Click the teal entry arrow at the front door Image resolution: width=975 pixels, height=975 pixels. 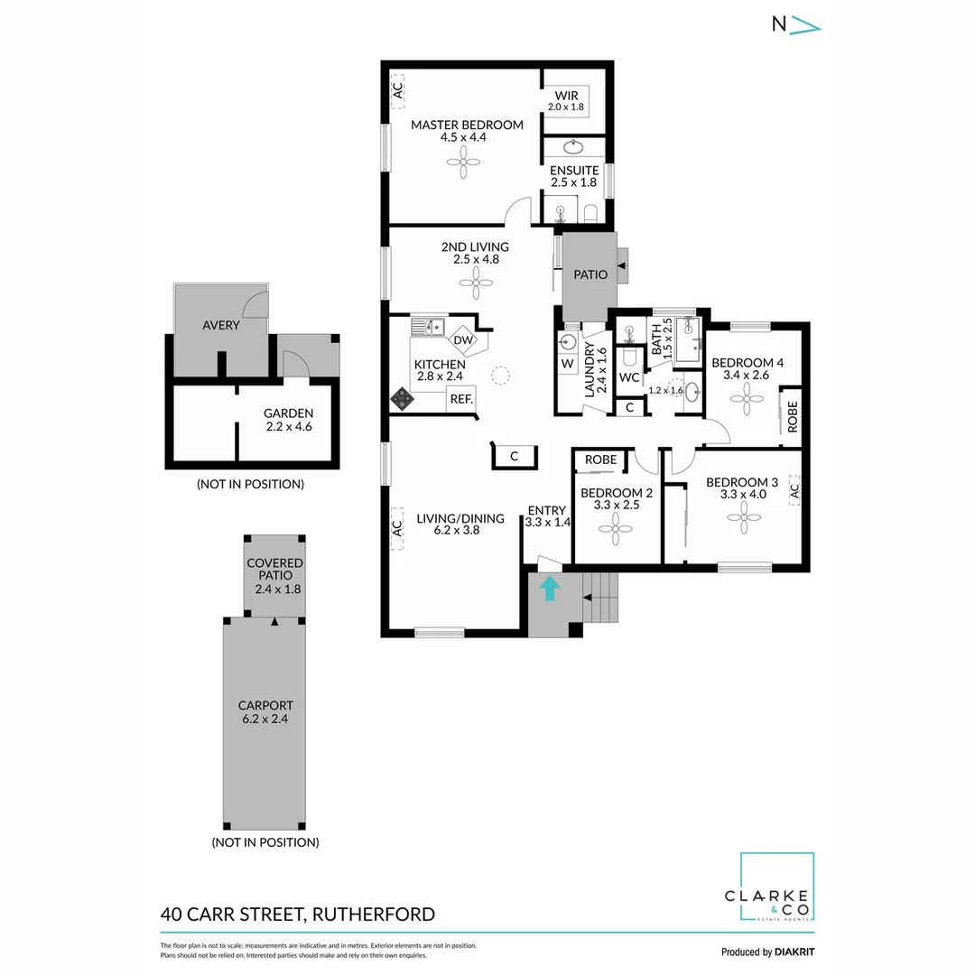click(x=549, y=589)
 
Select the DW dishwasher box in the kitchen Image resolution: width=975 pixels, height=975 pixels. click(x=463, y=340)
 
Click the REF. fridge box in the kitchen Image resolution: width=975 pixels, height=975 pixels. click(x=460, y=399)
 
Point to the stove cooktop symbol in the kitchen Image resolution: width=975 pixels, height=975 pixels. click(x=401, y=398)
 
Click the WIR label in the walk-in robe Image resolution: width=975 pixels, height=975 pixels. click(x=566, y=95)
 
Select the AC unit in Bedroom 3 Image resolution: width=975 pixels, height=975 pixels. click(x=794, y=491)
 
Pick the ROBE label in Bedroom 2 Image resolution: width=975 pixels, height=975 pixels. click(x=600, y=460)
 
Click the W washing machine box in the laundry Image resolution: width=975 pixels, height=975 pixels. click(x=567, y=363)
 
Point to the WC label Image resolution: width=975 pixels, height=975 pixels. click(x=629, y=376)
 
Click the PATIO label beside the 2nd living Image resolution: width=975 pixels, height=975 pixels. click(x=590, y=274)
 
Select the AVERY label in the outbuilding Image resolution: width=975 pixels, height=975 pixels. click(x=221, y=325)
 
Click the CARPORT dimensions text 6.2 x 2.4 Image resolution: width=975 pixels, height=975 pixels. click(x=265, y=720)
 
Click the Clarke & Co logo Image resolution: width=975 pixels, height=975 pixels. click(x=777, y=888)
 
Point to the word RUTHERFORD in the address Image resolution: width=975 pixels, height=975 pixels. click(x=372, y=914)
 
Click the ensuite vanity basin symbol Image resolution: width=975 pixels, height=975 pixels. click(x=573, y=147)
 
